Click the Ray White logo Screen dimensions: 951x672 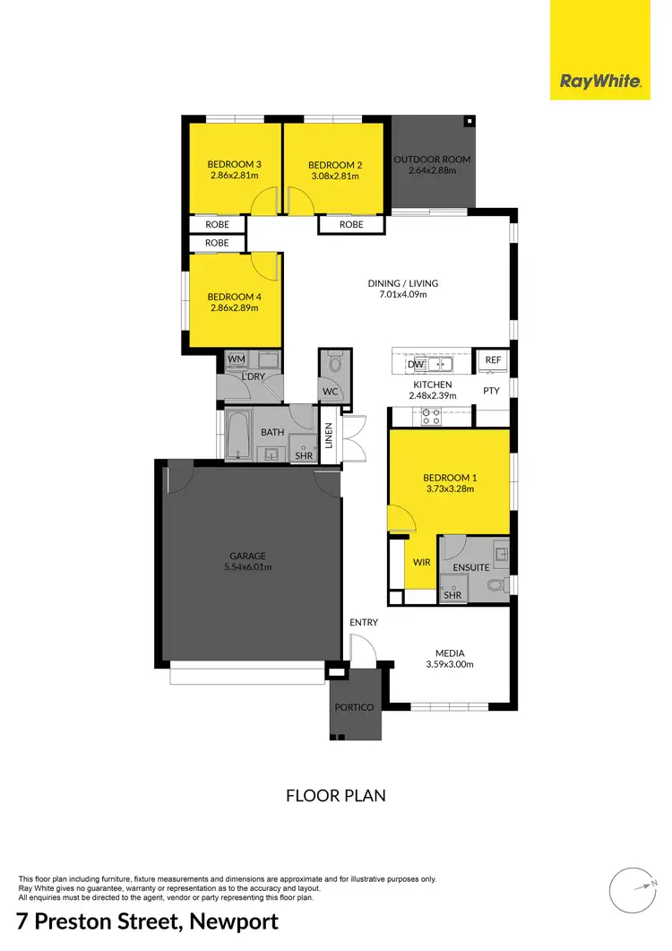pos(600,82)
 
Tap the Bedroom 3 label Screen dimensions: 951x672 pos(235,164)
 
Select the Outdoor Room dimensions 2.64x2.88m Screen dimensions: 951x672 pos(432,170)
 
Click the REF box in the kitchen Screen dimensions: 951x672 pos(493,359)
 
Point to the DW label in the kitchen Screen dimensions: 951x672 pos(415,364)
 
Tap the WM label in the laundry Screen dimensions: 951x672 pos(237,359)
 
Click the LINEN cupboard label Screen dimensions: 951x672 pos(329,437)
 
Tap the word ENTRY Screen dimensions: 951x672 pos(364,622)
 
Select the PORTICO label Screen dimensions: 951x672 pos(354,707)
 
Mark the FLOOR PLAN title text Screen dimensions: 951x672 pos(335,795)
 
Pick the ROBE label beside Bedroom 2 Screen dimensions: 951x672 pos(352,224)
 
